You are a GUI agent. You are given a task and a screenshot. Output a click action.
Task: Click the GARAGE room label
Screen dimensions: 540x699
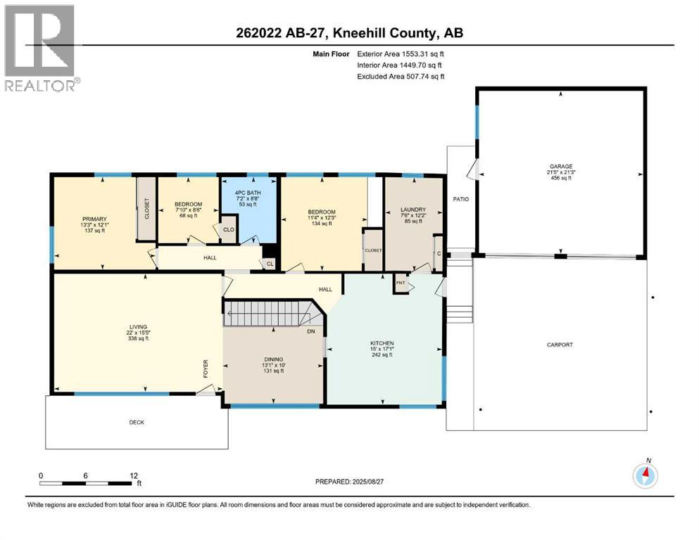[x=561, y=167]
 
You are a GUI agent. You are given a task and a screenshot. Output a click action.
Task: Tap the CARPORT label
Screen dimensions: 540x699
[x=560, y=345]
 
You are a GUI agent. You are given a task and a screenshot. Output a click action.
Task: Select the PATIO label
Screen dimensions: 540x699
[x=461, y=199]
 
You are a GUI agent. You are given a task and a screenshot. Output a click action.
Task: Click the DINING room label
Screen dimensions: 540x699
[x=273, y=359]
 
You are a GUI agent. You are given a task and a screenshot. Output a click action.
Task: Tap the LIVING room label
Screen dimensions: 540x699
[x=137, y=326]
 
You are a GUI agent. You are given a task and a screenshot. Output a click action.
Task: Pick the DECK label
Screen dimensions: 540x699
[x=137, y=422]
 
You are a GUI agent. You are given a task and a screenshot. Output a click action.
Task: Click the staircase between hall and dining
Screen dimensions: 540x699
[x=267, y=311]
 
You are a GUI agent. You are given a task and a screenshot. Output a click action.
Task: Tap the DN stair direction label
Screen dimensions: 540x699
[x=310, y=330]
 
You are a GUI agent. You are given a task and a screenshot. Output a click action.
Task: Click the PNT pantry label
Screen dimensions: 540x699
[x=401, y=284]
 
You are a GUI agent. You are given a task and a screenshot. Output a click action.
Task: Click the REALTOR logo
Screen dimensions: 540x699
[x=42, y=49]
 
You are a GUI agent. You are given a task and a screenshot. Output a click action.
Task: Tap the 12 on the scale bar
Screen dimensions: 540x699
[x=134, y=475]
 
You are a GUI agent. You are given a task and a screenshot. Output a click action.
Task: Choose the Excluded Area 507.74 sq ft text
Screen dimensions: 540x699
[x=401, y=76]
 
